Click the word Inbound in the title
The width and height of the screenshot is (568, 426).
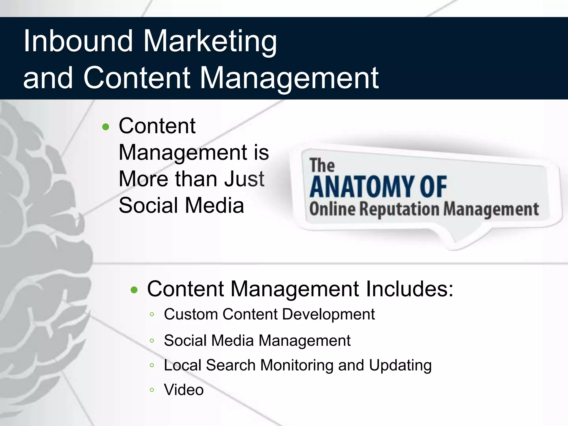click(78, 41)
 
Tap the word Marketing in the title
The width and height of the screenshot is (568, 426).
click(210, 42)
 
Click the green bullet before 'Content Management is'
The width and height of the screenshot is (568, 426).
click(106, 127)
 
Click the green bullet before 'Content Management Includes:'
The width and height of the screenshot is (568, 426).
click(134, 290)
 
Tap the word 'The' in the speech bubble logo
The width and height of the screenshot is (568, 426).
click(322, 165)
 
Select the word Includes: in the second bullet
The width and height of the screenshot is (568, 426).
click(409, 289)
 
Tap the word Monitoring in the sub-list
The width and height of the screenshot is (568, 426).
click(297, 365)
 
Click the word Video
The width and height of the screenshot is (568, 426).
click(184, 390)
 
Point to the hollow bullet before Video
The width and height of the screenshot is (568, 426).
click(152, 390)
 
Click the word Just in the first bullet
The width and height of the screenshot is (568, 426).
click(244, 179)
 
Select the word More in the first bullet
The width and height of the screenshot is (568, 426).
click(143, 179)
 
